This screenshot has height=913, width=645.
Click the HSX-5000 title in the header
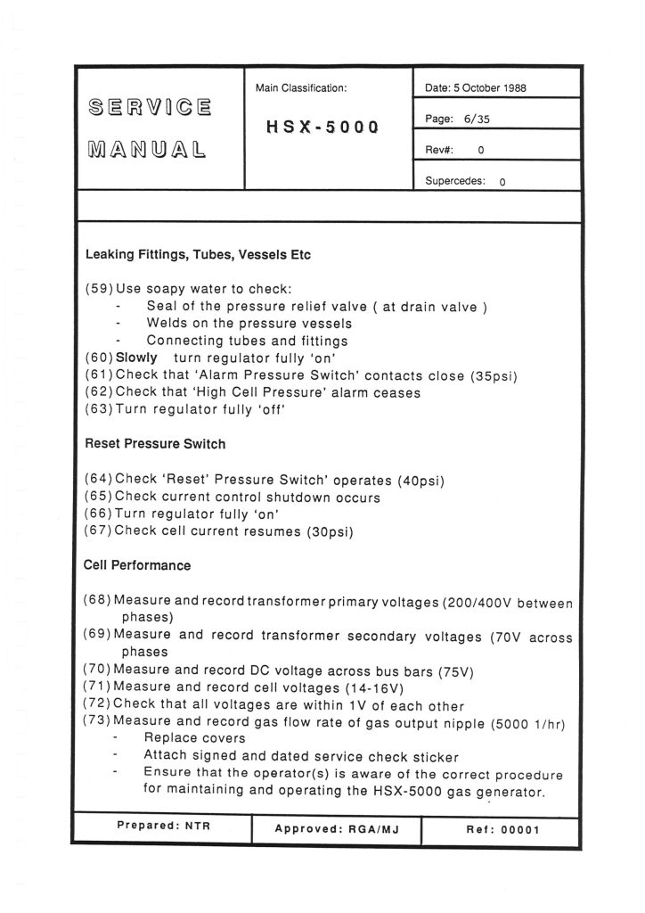click(x=322, y=127)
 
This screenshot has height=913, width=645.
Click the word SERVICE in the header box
click(x=151, y=110)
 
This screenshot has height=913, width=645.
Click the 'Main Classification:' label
click(x=301, y=87)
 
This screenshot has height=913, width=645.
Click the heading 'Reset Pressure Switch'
click(x=155, y=442)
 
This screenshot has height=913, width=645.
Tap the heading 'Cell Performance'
click(x=137, y=565)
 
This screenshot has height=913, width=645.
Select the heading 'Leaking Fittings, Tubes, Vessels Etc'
click(x=198, y=255)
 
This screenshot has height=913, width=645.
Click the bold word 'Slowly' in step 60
click(x=137, y=358)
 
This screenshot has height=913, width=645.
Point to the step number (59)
click(x=99, y=289)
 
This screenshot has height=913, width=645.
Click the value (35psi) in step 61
click(x=494, y=375)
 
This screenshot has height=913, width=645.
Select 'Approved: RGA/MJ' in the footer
click(x=336, y=829)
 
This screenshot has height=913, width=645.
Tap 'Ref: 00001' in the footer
click(x=502, y=829)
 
